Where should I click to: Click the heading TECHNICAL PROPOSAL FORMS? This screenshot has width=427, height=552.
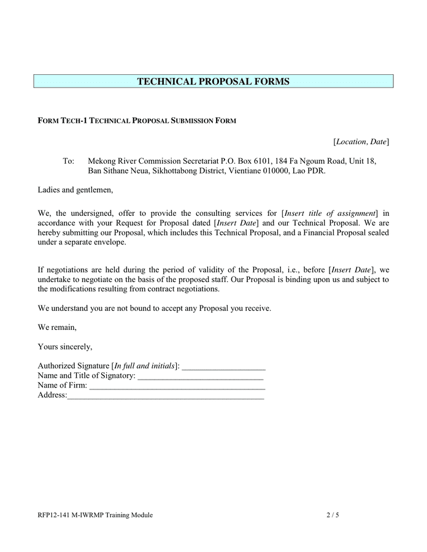(x=213, y=82)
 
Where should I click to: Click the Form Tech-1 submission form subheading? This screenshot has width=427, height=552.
(x=137, y=121)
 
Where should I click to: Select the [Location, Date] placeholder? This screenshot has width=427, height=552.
(x=361, y=142)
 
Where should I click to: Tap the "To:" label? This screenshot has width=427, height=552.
(x=69, y=161)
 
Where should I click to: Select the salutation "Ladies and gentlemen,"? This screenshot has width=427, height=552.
(x=75, y=190)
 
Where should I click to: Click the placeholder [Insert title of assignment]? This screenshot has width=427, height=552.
(x=330, y=213)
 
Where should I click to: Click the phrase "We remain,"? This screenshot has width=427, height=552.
(x=57, y=328)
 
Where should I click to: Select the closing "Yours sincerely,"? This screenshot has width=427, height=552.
(x=65, y=347)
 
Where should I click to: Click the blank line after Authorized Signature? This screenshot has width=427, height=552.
(x=223, y=367)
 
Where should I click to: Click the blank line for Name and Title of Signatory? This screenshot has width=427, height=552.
(x=201, y=377)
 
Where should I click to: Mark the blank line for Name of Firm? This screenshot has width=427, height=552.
(x=177, y=386)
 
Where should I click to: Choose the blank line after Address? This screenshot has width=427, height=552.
(x=166, y=396)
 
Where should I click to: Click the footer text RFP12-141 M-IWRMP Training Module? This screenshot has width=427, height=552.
(x=95, y=515)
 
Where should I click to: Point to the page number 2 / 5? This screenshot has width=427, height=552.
(x=333, y=515)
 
